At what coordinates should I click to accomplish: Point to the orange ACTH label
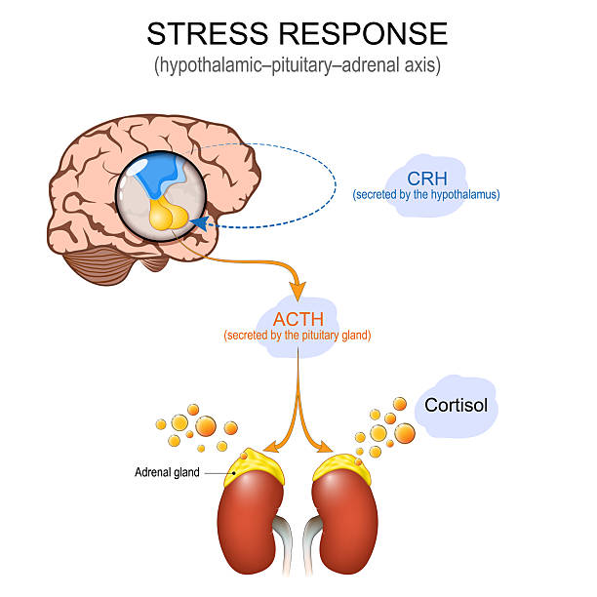click(297, 319)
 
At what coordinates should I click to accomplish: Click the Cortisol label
click(456, 404)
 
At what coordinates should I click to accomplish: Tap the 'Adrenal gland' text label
click(167, 472)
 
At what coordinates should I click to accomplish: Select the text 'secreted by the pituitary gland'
click(297, 336)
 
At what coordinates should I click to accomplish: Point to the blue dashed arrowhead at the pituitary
click(199, 224)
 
